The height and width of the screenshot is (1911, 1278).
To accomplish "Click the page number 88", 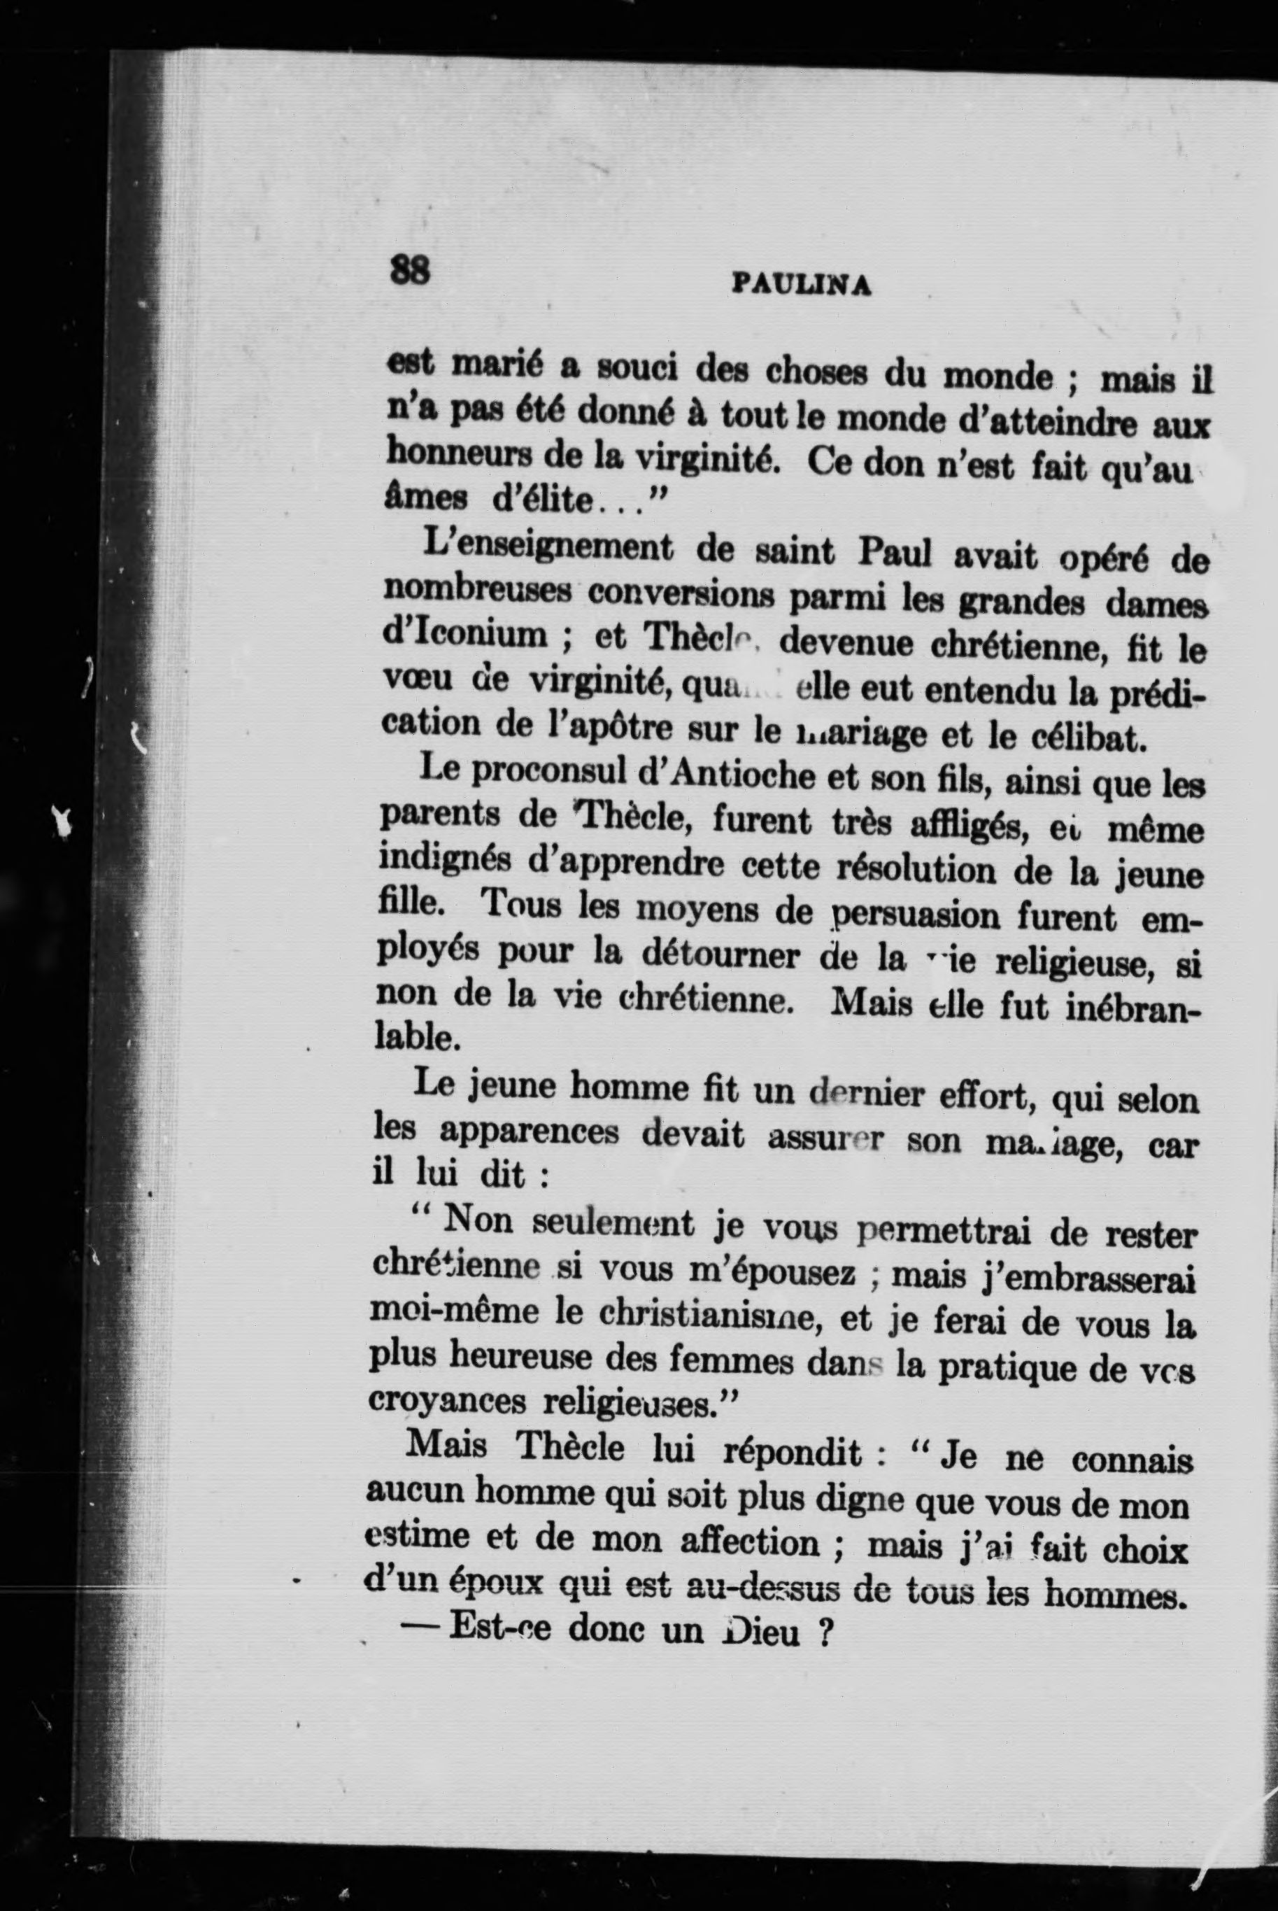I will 410,269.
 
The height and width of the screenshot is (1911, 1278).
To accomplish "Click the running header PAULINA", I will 803,283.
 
